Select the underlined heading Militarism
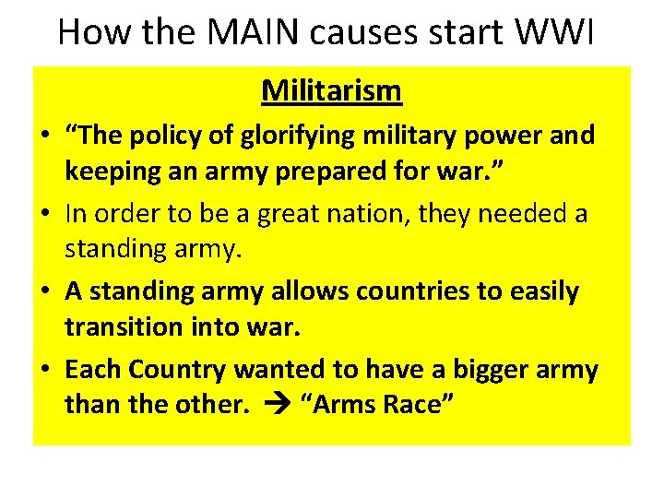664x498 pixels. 331,90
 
